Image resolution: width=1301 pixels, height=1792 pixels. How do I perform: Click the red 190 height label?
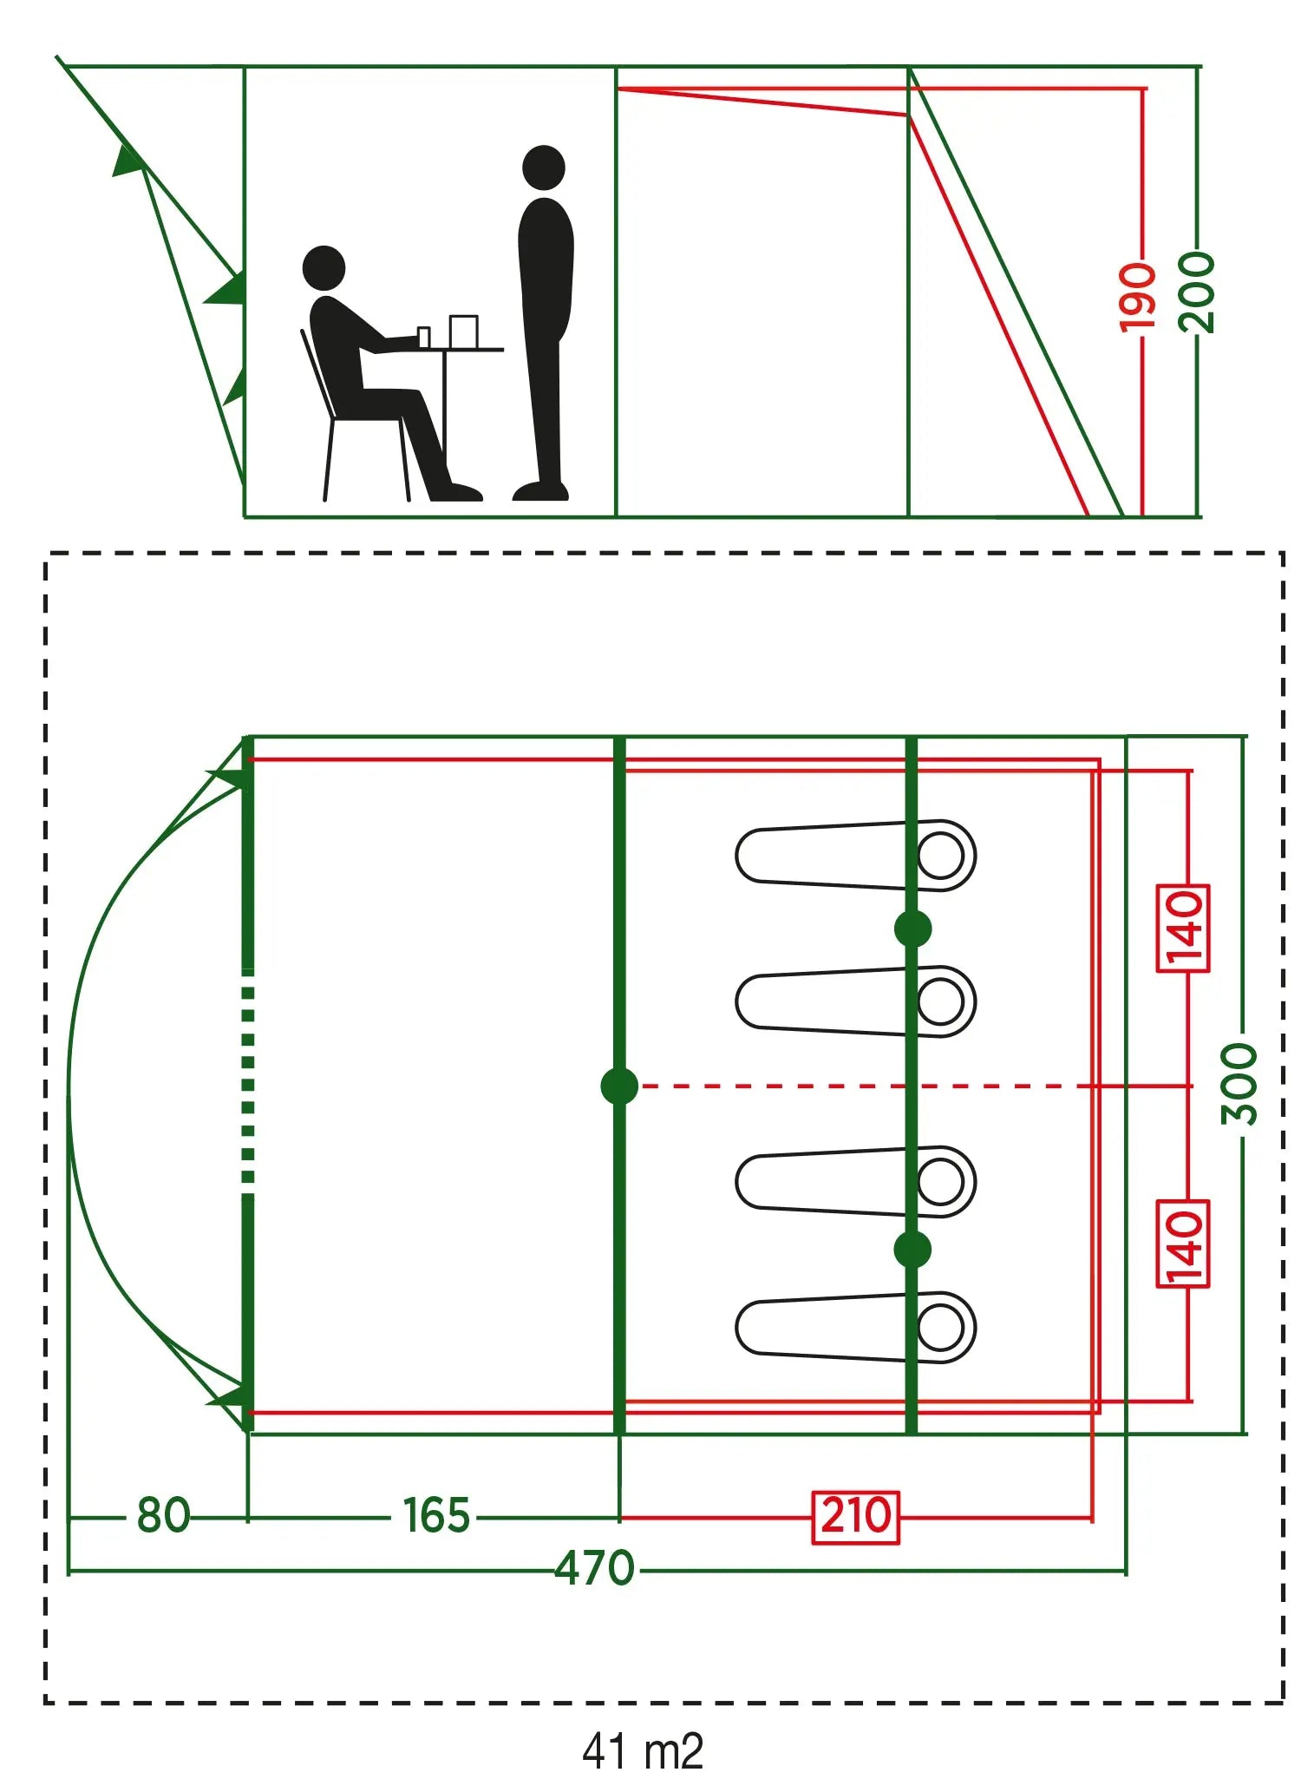(1137, 296)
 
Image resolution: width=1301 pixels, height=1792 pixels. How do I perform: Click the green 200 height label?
(1198, 292)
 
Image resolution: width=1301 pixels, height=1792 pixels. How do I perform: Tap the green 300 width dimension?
(1239, 1084)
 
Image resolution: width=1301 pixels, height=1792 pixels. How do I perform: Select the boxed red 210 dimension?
(855, 1517)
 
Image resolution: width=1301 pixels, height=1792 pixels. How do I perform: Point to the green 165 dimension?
(436, 1515)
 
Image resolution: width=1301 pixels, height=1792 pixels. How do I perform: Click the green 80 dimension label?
(163, 1515)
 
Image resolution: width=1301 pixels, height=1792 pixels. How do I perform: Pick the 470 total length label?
(595, 1568)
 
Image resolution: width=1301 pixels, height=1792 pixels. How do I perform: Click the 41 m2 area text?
(643, 1750)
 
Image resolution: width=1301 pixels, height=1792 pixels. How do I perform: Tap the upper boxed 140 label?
(1183, 929)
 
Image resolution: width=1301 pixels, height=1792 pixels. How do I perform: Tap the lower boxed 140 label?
(1183, 1244)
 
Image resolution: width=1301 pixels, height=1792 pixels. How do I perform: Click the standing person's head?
(544, 167)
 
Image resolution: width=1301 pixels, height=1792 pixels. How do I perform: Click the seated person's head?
(324, 267)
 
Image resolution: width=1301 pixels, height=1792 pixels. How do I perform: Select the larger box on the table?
(464, 331)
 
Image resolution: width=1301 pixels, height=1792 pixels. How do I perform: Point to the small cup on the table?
(423, 338)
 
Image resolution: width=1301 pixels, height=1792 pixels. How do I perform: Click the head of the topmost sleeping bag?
(942, 855)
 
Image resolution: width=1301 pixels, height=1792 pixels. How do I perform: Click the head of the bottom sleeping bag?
(942, 1327)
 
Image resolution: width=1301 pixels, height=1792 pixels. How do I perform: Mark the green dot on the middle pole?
(619, 1086)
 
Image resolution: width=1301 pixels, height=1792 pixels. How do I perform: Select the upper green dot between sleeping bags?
(912, 929)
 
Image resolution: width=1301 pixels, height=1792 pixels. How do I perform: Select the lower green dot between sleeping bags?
(912, 1250)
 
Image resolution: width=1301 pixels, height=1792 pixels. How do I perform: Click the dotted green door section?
(248, 1085)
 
